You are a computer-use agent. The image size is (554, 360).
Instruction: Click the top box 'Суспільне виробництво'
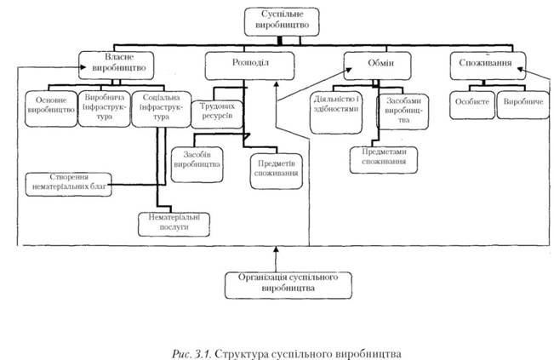pos(282,20)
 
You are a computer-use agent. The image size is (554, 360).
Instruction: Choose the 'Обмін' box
pos(379,62)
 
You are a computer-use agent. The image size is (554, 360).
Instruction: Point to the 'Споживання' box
pos(483,62)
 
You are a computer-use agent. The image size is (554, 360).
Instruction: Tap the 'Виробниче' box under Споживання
pos(518,103)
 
